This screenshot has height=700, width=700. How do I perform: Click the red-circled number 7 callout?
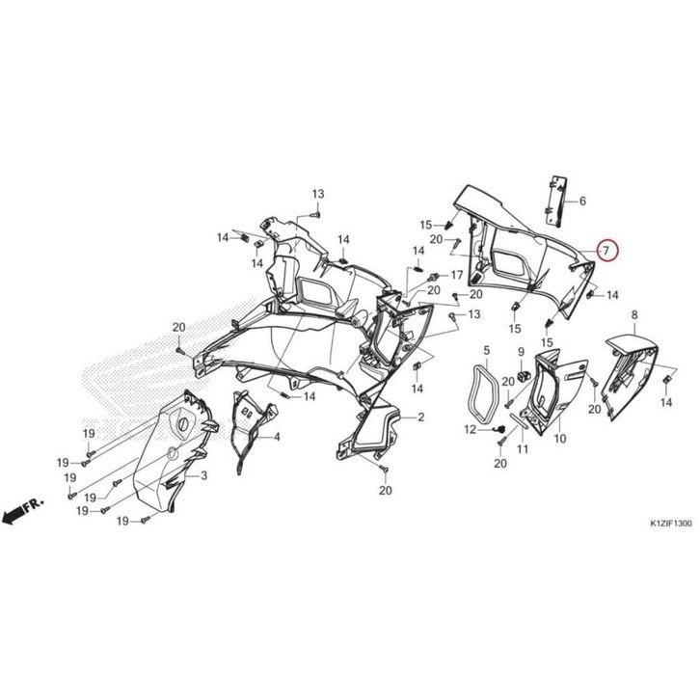tap(606, 251)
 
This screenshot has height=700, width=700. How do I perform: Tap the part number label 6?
tap(582, 202)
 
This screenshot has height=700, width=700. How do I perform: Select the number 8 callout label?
tap(634, 314)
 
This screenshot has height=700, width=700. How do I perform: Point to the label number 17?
tap(456, 275)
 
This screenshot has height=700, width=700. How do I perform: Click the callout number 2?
tap(420, 417)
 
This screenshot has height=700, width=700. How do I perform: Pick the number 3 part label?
tap(204, 476)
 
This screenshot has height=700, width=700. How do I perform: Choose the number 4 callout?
tap(277, 437)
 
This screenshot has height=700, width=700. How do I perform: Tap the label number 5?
tap(487, 350)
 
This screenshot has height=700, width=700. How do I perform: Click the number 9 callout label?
tap(521, 352)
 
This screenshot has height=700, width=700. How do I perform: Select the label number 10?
tap(560, 439)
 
